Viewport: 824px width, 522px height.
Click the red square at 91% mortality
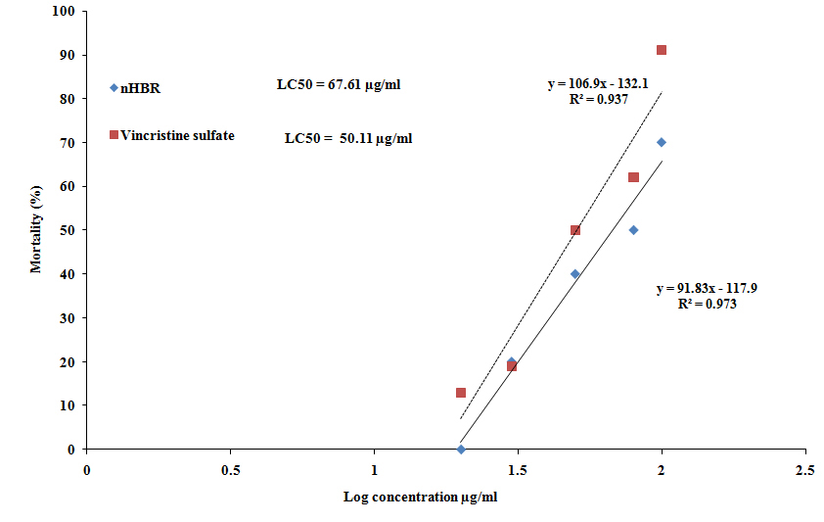(x=662, y=50)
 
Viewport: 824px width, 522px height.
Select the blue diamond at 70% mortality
(x=662, y=142)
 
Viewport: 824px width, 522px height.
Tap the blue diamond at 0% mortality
(x=461, y=450)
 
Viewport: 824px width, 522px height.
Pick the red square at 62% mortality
(x=633, y=177)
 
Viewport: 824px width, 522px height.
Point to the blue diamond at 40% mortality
(x=575, y=274)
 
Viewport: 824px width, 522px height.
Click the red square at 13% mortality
(x=461, y=393)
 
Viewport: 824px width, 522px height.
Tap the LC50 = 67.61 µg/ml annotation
(x=339, y=85)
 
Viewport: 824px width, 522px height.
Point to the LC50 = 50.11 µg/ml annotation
(x=348, y=139)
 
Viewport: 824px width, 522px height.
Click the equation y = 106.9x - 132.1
(x=597, y=85)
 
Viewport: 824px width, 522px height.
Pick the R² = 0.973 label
(x=707, y=305)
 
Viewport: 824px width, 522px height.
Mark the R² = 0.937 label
(x=597, y=100)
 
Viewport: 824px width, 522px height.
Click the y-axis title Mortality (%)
(x=36, y=230)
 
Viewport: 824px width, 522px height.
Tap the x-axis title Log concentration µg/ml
(x=421, y=497)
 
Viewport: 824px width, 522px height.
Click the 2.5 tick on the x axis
(x=804, y=469)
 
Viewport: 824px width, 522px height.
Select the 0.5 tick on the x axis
(x=230, y=469)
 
